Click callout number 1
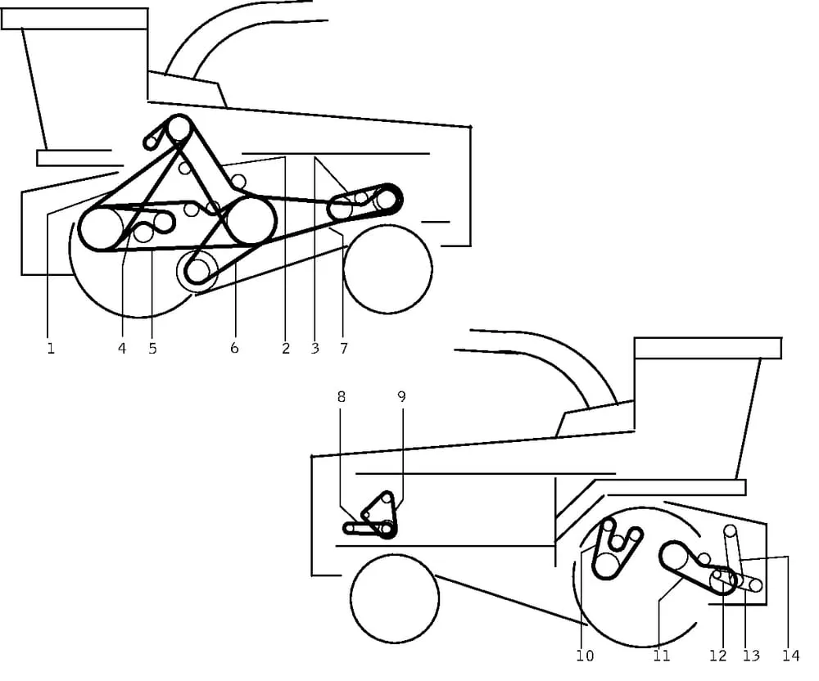point(51,348)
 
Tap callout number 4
point(122,348)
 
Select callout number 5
point(152,348)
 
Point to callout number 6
point(234,348)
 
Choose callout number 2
point(286,348)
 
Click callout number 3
point(315,348)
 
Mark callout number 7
point(344,348)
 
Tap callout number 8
point(341,397)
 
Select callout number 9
point(401,397)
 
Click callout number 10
point(585,656)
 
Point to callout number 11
point(661,656)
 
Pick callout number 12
point(718,656)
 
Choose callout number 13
point(751,656)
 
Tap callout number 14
point(791,656)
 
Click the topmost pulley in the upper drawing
point(179,128)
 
